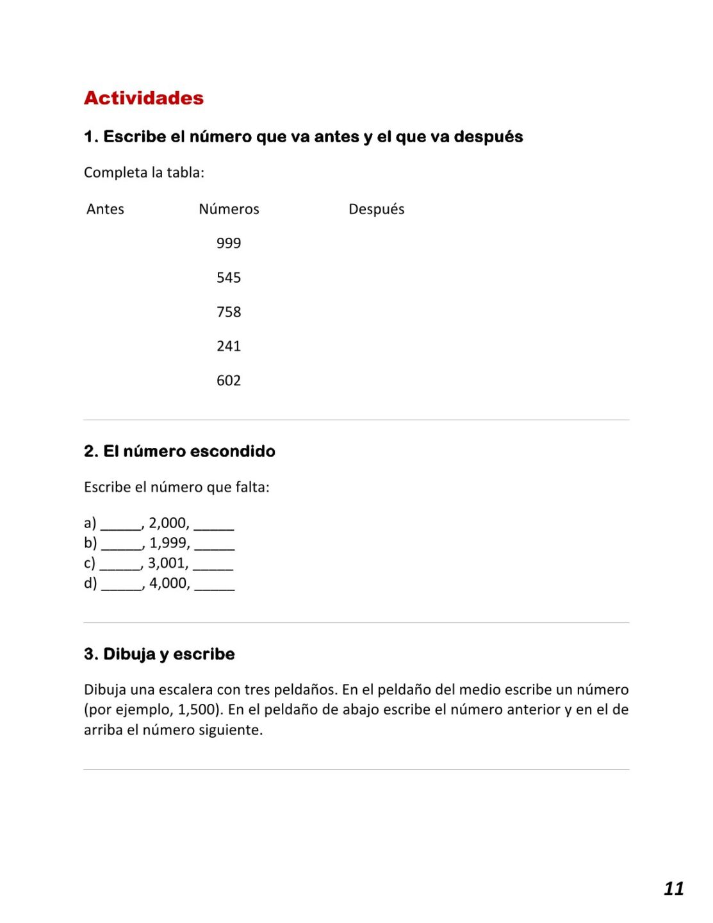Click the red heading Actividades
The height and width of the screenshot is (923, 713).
pos(143,98)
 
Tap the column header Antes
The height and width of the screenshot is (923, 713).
pos(105,209)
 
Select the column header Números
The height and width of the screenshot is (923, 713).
pos(229,209)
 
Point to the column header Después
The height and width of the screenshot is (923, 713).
pos(376,209)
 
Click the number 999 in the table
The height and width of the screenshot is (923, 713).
pos(229,243)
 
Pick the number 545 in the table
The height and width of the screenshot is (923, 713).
pos(229,278)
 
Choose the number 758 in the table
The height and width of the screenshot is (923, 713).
pos(229,312)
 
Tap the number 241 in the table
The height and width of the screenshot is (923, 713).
pos(229,346)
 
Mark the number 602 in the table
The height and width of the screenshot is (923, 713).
pos(229,381)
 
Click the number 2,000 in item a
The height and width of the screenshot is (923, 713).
pos(168,523)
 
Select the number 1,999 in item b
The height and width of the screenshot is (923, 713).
pos(169,543)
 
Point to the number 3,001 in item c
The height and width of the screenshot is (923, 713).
pos(168,563)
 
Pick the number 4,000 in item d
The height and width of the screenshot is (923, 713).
pos(169,583)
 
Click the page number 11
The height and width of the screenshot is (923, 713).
pos(673,888)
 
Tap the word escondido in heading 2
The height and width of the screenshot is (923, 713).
pos(233,451)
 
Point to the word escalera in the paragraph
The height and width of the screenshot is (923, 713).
pos(186,690)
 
